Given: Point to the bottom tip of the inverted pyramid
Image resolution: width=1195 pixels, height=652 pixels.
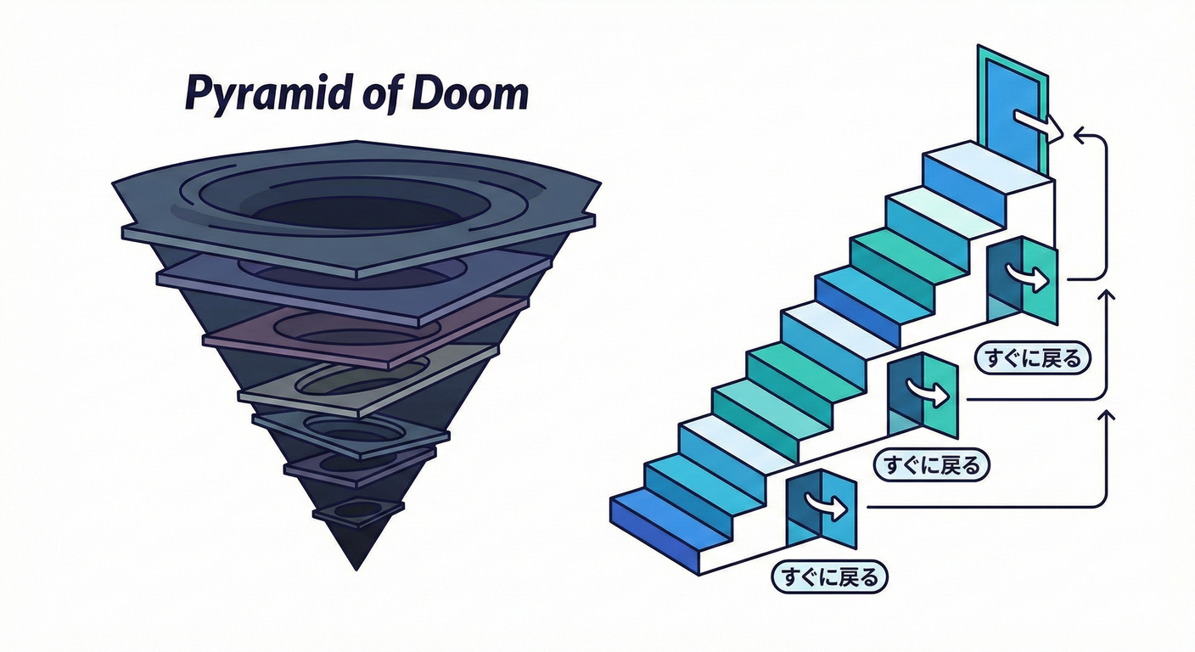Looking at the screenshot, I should (356, 567).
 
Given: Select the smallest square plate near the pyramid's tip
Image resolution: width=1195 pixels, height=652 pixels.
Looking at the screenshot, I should (358, 511).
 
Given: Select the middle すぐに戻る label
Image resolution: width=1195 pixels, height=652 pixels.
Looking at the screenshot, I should (932, 464).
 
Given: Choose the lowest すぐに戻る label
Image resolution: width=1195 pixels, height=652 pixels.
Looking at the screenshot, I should (829, 577).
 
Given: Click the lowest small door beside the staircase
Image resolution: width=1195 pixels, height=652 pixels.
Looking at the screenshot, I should (822, 511).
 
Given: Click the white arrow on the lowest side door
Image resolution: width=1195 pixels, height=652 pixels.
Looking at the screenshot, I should (829, 508).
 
